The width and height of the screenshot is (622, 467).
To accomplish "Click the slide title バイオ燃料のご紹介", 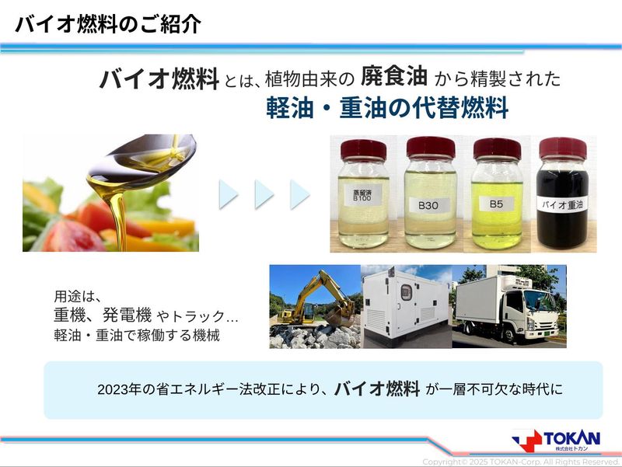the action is [108, 25].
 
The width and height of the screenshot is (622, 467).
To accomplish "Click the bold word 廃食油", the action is [394, 76].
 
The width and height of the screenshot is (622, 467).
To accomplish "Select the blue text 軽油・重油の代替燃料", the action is [387, 108].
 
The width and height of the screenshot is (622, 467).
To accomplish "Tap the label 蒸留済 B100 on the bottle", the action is [362, 195].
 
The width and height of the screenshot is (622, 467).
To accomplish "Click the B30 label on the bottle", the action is [428, 205].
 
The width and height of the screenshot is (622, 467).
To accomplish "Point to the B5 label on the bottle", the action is [496, 204].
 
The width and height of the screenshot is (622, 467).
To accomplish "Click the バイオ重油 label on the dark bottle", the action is [562, 204].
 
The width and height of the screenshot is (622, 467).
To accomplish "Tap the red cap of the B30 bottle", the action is [431, 147].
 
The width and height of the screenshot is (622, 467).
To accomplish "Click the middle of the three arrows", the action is [264, 194].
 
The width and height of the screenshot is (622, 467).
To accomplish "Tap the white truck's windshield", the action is [537, 301].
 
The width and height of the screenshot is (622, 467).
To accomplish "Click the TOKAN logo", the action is [556, 441].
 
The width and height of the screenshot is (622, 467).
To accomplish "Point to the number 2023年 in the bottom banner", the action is [119, 390].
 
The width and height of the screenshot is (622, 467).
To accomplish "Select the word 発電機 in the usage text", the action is [127, 315].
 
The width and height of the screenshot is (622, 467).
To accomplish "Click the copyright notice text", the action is [521, 462].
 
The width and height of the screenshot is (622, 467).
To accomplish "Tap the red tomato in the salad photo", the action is [72, 237].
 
